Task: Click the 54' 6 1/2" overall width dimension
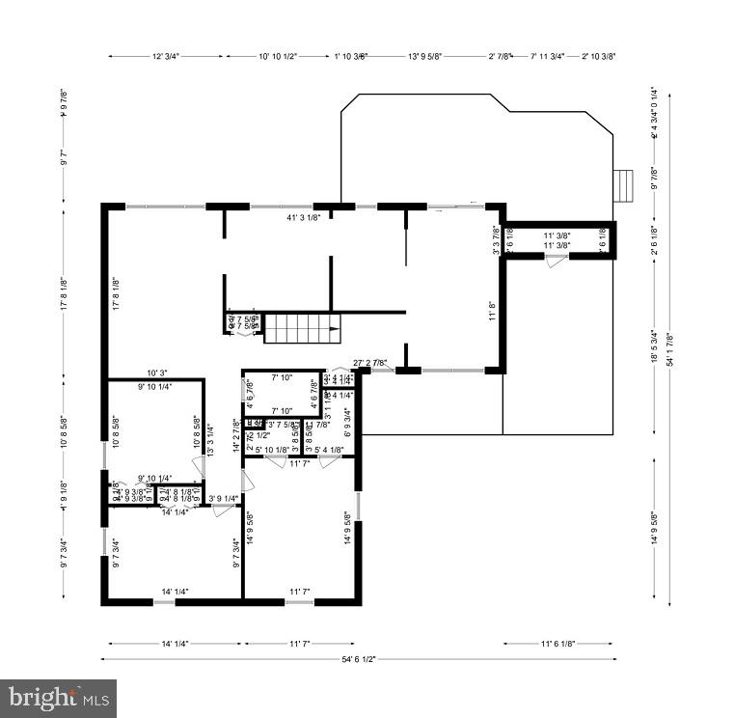[357, 659]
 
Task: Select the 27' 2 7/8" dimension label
[370, 363]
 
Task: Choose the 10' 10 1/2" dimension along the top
[284, 57]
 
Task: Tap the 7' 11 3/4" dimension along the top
[550, 57]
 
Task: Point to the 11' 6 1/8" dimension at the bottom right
[558, 643]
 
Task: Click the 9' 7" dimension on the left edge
[64, 157]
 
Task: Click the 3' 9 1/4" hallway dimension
[224, 499]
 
